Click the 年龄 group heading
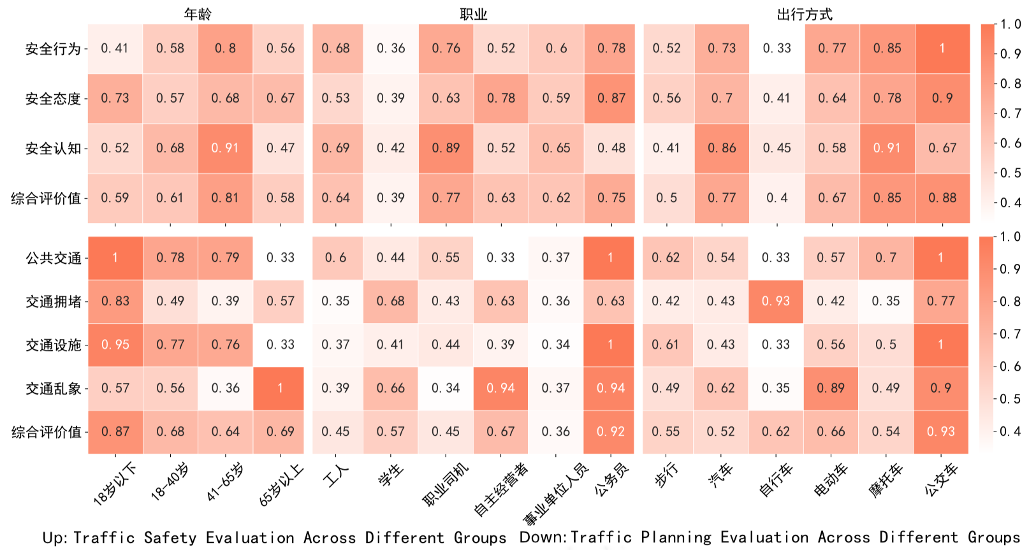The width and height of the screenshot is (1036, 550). [198, 14]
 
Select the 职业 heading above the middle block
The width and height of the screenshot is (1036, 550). [474, 14]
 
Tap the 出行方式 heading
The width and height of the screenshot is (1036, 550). [805, 14]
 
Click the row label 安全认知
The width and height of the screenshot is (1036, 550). [53, 148]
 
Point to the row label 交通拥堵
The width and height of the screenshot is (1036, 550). [53, 301]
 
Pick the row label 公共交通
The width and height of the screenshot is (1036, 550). [53, 258]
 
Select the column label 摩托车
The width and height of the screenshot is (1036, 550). [886, 481]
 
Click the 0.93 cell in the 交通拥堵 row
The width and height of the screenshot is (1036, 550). [775, 301]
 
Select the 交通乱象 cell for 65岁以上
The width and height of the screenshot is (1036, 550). [280, 388]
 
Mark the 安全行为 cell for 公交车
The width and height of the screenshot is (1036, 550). [942, 48]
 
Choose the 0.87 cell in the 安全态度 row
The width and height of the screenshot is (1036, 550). [611, 98]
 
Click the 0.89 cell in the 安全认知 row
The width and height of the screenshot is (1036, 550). [446, 148]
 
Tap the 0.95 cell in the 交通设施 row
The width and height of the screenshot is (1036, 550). [115, 345]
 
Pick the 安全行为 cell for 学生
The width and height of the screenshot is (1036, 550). [391, 48]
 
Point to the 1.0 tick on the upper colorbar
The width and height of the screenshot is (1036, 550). [1011, 24]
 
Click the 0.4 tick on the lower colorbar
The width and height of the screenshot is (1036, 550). [1010, 431]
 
